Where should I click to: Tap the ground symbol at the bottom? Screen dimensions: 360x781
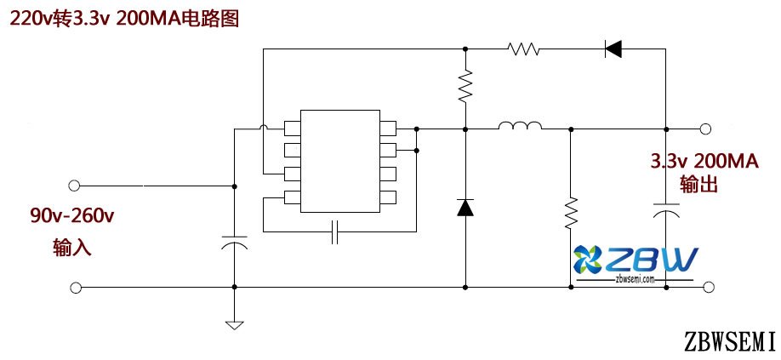[233, 323]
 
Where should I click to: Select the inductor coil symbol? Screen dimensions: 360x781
[520, 129]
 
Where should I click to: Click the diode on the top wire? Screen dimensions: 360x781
[613, 49]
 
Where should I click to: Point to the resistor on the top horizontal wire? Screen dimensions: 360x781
[524, 49]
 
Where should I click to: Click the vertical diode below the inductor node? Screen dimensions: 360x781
[465, 207]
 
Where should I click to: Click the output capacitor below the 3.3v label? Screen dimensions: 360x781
[666, 209]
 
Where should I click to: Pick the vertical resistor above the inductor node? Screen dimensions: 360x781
[465, 86]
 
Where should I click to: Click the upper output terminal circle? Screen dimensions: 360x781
[704, 129]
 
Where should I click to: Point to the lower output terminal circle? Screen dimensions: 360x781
[704, 288]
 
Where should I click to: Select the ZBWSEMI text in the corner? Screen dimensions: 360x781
[729, 341]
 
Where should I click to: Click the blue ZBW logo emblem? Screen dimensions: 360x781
[589, 260]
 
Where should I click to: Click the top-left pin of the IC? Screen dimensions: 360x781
[292, 129]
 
